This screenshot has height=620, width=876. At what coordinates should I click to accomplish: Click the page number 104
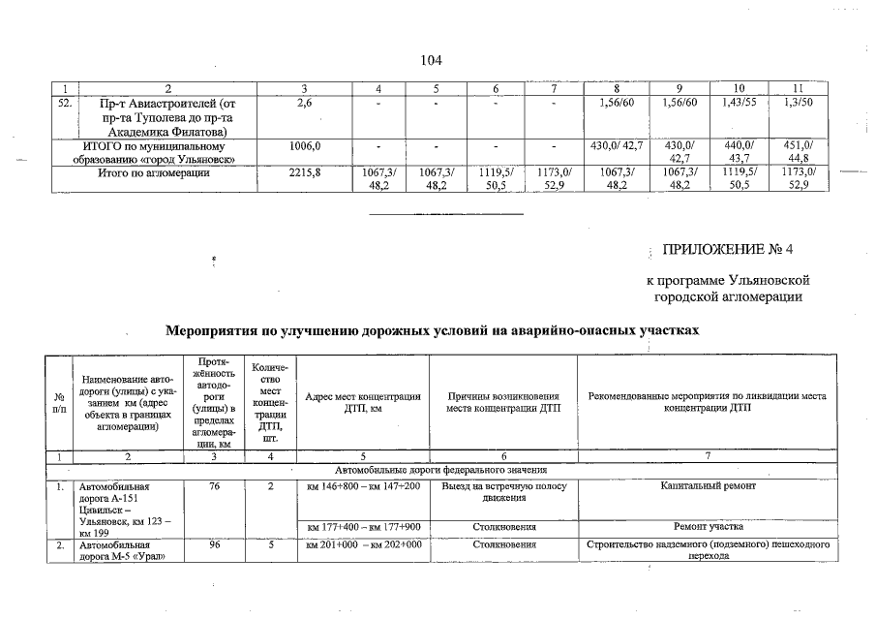[432, 61]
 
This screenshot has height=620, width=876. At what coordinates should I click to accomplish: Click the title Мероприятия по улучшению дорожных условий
[432, 330]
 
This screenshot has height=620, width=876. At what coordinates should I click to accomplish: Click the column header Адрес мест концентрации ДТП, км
[362, 403]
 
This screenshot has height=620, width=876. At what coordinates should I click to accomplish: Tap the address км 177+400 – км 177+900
[362, 527]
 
